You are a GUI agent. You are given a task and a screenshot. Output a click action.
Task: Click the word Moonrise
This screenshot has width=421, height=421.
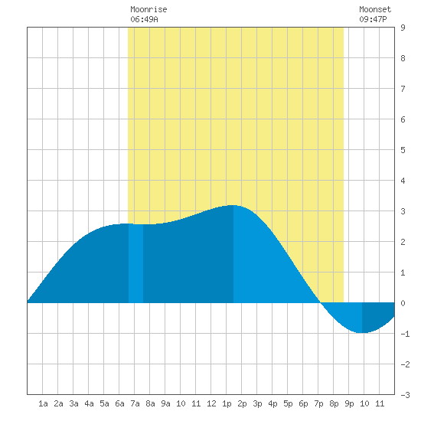(148, 9)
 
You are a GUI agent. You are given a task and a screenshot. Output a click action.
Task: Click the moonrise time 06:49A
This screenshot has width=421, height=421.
(144, 19)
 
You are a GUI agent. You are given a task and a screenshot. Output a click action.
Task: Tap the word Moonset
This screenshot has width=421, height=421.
(375, 9)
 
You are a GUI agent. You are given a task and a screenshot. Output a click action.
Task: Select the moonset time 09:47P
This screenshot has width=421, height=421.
(373, 19)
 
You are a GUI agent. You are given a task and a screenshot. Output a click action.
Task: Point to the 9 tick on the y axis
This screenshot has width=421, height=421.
(403, 28)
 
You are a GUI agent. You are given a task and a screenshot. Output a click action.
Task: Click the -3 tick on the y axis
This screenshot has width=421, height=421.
(405, 395)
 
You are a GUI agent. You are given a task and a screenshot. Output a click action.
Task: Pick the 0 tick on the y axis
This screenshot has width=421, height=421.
(403, 303)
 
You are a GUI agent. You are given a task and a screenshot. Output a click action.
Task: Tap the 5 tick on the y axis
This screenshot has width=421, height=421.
(403, 150)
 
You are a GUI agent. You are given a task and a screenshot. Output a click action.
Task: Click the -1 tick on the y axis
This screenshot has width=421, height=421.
(405, 334)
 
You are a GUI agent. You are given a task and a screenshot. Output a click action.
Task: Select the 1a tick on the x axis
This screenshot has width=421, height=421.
(43, 403)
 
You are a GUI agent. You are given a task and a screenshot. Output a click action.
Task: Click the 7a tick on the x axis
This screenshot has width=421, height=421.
(135, 403)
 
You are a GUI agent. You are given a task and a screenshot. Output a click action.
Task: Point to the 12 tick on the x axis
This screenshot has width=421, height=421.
(211, 403)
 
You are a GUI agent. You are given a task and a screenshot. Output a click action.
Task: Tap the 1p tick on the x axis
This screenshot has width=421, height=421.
(227, 403)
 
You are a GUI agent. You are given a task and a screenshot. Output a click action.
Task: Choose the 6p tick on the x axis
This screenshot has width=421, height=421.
(303, 403)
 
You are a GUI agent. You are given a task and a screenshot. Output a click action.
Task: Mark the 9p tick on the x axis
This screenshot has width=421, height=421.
(349, 403)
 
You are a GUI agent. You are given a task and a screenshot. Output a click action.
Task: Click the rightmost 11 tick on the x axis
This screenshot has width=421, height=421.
(380, 403)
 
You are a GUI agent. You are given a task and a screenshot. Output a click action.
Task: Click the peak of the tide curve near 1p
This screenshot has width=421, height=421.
(233, 205)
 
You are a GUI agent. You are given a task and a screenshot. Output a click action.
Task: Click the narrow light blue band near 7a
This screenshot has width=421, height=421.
(135, 263)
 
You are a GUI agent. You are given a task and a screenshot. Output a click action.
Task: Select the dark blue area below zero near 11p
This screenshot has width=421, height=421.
(376, 315)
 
